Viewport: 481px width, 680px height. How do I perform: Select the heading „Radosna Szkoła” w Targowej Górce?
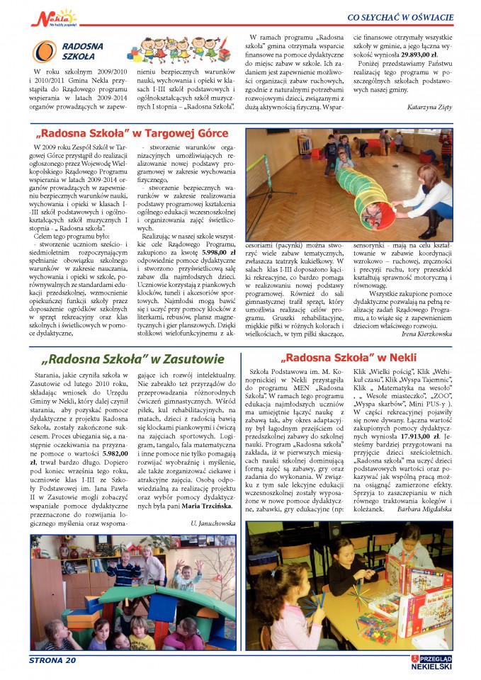pyautogui.click(x=134, y=132)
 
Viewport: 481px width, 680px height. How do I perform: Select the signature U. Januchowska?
pyautogui.click(x=213, y=521)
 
